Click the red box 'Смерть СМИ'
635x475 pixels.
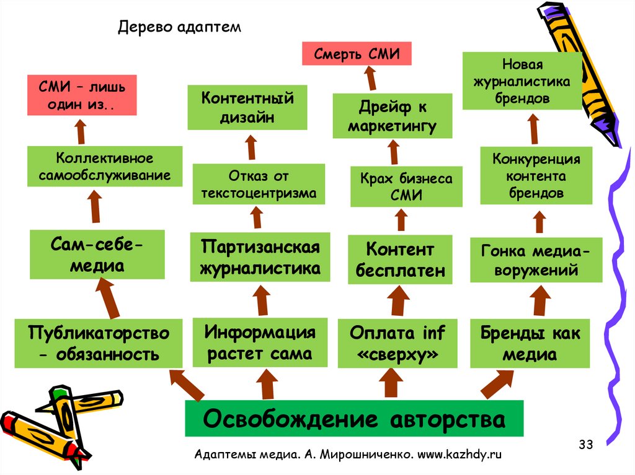356,53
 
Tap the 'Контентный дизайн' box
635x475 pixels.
247,108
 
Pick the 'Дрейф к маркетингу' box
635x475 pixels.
392,116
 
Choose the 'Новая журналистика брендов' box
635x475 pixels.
522,81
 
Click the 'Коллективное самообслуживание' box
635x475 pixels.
105,167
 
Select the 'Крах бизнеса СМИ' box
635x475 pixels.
406,186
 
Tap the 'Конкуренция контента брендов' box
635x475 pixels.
536,176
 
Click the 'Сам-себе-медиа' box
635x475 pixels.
97,255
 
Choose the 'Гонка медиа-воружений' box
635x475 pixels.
536,260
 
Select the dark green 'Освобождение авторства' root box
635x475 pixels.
354,419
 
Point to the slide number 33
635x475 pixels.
585,444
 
